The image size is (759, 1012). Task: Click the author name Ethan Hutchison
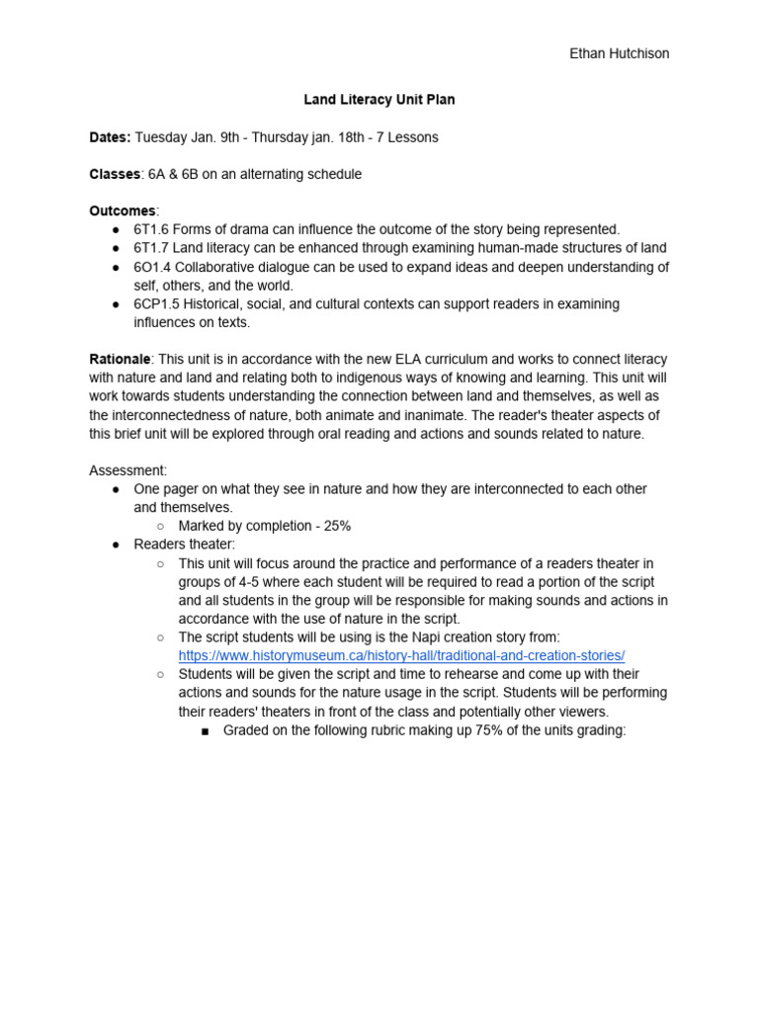click(x=619, y=53)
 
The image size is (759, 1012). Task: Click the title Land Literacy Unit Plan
click(x=379, y=100)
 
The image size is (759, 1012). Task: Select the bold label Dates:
click(x=110, y=137)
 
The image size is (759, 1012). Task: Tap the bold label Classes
click(x=115, y=174)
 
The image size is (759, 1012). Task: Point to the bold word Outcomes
click(x=123, y=211)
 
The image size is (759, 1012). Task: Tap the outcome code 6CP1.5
click(x=157, y=304)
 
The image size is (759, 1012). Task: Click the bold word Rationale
click(x=120, y=359)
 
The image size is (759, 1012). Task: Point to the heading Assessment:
click(x=127, y=470)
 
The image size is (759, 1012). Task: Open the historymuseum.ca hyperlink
click(x=401, y=655)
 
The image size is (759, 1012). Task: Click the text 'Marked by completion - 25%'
click(x=264, y=526)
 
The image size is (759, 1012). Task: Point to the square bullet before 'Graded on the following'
click(x=206, y=730)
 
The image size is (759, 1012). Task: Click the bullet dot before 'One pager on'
click(x=116, y=489)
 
